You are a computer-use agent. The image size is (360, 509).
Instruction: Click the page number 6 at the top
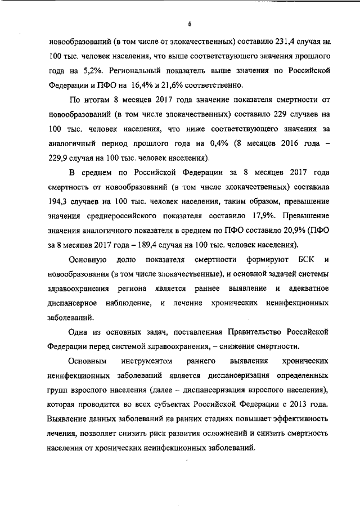[x=190, y=24]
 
